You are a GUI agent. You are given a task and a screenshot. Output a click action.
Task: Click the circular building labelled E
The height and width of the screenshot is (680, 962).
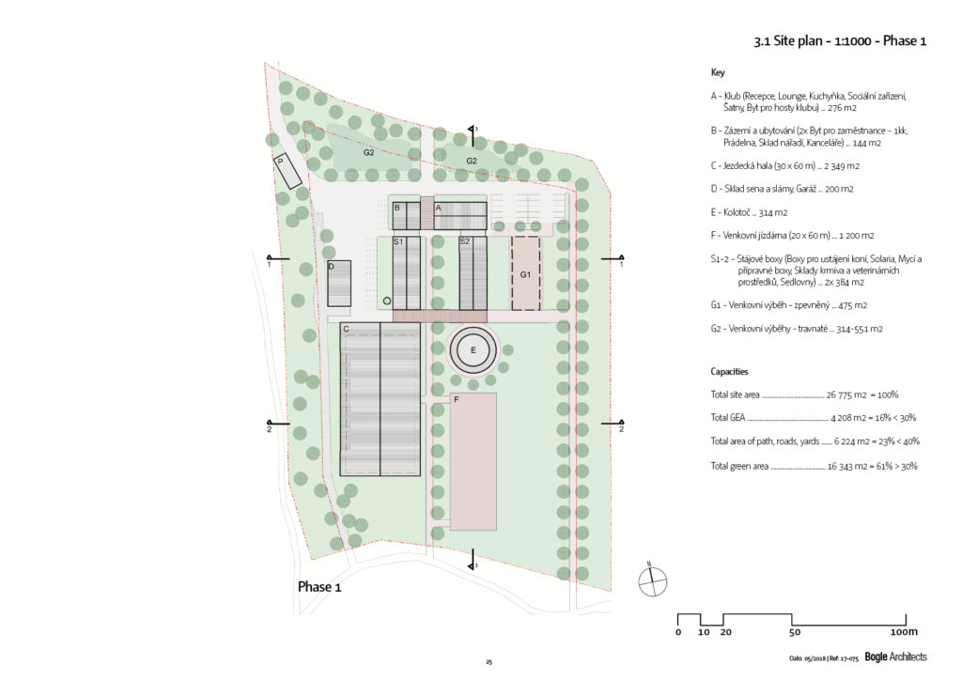click(473, 350)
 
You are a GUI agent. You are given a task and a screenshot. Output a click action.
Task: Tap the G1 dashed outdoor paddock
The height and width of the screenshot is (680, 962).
click(526, 273)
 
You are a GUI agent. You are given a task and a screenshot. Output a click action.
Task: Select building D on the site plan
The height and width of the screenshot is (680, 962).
click(339, 284)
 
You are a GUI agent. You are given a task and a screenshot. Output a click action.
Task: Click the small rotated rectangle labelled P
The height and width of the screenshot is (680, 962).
click(287, 170)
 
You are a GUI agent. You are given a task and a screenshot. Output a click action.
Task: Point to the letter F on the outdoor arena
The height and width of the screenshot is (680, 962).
click(457, 400)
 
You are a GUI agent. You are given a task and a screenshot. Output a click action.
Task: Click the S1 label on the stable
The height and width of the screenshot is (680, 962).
click(398, 241)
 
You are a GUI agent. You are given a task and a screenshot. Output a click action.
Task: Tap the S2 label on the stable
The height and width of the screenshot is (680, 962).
click(464, 241)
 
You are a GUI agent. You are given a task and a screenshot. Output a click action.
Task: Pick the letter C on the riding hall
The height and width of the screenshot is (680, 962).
click(346, 330)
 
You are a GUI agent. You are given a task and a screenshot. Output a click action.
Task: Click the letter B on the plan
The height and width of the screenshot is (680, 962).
click(397, 208)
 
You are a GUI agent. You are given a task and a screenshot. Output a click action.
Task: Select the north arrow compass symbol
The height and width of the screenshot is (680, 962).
click(652, 581)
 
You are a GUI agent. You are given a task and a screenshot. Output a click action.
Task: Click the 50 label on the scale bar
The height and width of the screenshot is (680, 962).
click(795, 632)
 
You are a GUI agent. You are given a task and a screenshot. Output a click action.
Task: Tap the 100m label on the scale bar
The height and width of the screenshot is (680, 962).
click(904, 632)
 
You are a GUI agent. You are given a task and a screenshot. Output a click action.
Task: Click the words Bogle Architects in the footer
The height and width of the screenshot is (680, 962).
click(895, 657)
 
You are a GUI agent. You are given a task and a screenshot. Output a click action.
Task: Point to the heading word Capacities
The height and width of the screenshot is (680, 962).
click(729, 372)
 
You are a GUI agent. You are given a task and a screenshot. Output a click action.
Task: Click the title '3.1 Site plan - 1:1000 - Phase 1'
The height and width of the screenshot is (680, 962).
click(840, 41)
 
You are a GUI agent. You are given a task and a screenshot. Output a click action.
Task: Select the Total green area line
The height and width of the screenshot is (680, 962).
click(815, 466)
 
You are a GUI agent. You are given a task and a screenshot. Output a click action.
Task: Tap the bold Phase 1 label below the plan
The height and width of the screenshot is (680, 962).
click(319, 587)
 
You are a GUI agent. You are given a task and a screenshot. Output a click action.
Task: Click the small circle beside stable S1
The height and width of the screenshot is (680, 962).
click(387, 301)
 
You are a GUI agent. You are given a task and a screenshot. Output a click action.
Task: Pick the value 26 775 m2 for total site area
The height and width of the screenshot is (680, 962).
click(846, 394)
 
